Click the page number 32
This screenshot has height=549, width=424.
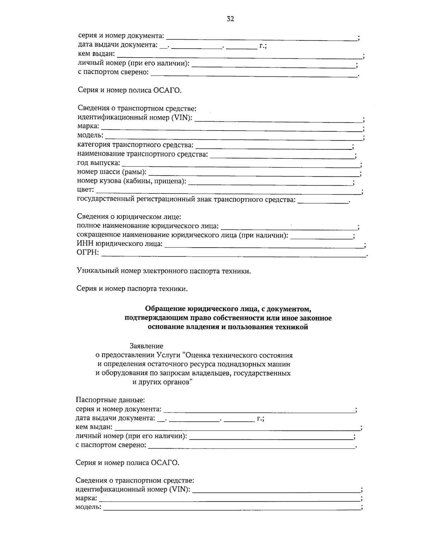click(x=230, y=19)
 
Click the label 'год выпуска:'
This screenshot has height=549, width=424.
click(x=99, y=163)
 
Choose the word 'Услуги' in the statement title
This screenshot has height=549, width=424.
click(x=169, y=355)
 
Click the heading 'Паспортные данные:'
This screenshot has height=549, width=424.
click(x=110, y=400)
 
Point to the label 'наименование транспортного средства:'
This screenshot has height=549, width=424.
click(x=142, y=154)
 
